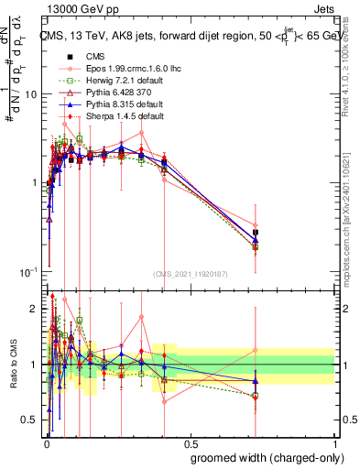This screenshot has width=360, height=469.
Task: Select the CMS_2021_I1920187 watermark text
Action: [190, 274]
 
